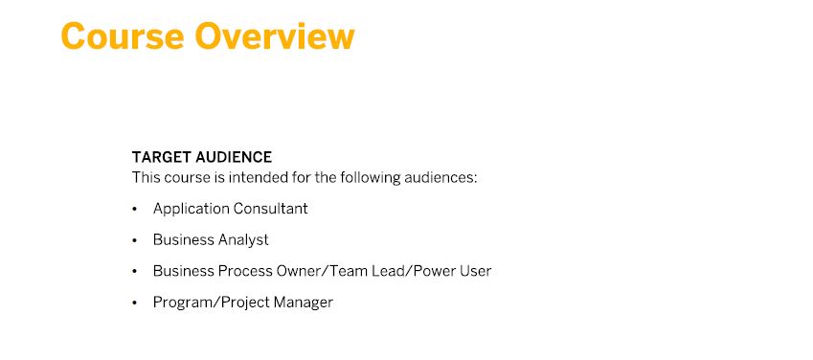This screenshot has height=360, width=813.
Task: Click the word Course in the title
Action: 123,36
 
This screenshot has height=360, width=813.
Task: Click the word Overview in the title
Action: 275,36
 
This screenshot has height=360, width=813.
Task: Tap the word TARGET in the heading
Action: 161,157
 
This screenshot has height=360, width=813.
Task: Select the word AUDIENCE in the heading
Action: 234,157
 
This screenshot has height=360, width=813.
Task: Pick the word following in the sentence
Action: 371,178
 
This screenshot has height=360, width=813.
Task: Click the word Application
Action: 191,209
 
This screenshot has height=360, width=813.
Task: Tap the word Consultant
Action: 270,209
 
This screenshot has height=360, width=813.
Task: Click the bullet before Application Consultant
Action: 135,209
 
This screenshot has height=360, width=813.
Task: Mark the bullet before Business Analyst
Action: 135,240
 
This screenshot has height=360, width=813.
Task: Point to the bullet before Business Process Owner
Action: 135,271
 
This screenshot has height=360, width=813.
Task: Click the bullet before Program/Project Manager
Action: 135,303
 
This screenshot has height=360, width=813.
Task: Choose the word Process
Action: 245,271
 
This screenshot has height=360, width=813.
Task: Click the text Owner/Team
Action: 316,271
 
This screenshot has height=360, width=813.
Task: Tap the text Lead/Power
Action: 404,271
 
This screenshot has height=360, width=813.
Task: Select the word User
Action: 472,271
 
